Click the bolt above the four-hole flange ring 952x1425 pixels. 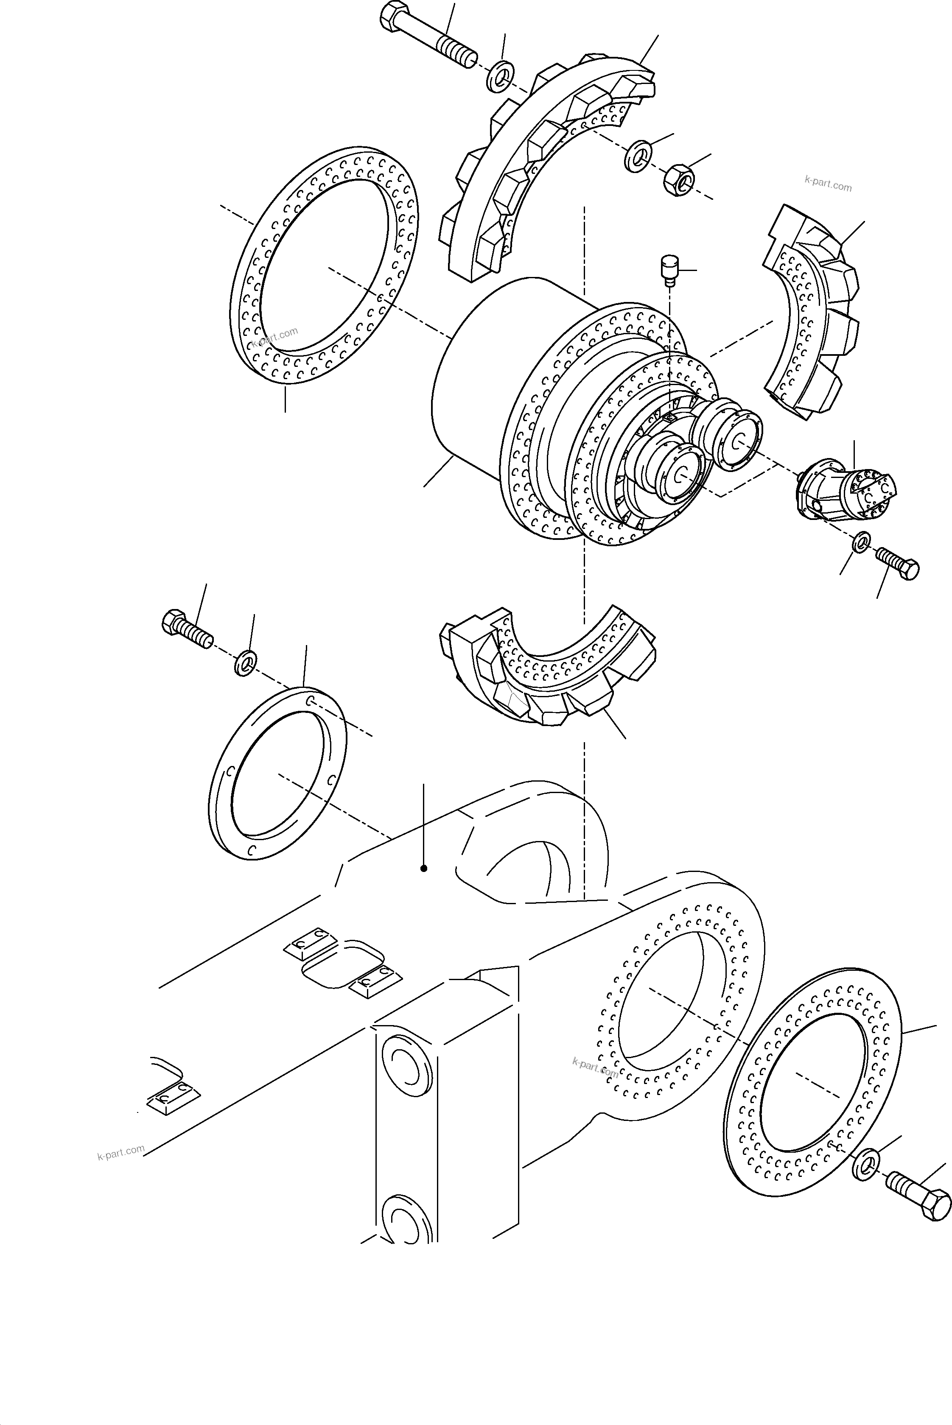[187, 629]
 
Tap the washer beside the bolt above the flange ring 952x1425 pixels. [245, 664]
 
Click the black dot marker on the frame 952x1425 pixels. [424, 869]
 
